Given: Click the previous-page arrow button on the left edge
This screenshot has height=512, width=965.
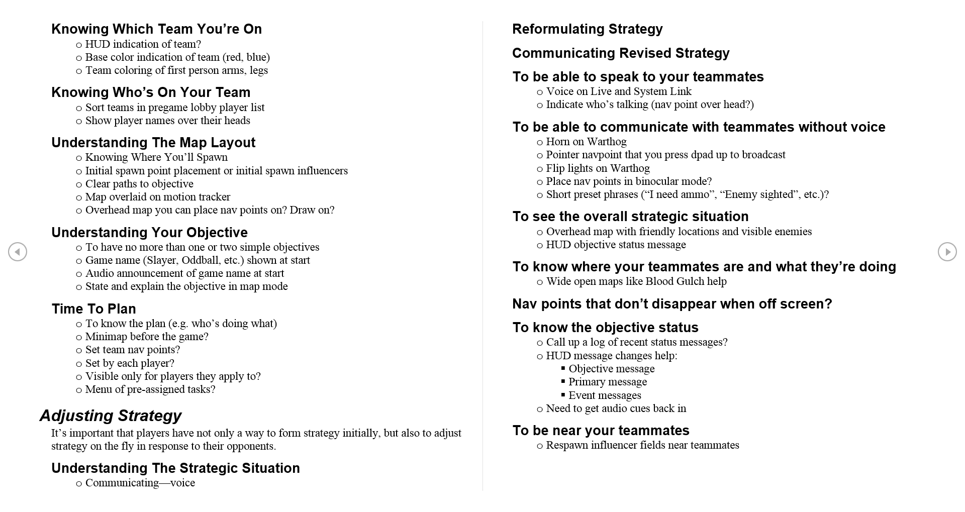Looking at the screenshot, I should tap(18, 252).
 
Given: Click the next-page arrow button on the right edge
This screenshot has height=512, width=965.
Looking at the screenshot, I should tap(947, 252).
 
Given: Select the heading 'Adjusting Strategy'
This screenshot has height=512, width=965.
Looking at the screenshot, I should tap(111, 416).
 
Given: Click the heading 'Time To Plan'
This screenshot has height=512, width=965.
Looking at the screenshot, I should tap(94, 309).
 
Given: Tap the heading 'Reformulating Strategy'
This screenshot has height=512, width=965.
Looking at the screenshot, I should tap(587, 29).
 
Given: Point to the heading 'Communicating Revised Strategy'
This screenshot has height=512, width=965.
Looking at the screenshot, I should tap(621, 53).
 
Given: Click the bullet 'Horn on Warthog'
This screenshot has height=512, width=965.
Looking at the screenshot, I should tap(586, 142).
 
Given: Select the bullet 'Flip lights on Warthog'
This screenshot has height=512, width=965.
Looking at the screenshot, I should tap(598, 168).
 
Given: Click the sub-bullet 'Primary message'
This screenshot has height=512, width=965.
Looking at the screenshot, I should tap(608, 382).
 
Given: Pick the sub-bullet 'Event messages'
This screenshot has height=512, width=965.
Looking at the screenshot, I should tap(605, 395).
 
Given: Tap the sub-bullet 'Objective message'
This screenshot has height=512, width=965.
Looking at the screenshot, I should tap(611, 369).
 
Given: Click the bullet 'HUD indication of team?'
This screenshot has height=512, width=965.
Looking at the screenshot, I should tap(143, 44).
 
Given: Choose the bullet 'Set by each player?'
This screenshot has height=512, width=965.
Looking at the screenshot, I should tap(130, 363).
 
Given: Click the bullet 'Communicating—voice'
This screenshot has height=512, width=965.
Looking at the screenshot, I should tap(140, 483).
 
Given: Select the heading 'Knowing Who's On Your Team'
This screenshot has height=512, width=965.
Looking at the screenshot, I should tap(151, 92).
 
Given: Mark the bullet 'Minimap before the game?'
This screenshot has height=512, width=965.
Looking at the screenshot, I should tap(147, 337).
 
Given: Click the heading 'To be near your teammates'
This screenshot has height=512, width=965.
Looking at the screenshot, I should tap(601, 431).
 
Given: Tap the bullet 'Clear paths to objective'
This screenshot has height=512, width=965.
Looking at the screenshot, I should tap(139, 184).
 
